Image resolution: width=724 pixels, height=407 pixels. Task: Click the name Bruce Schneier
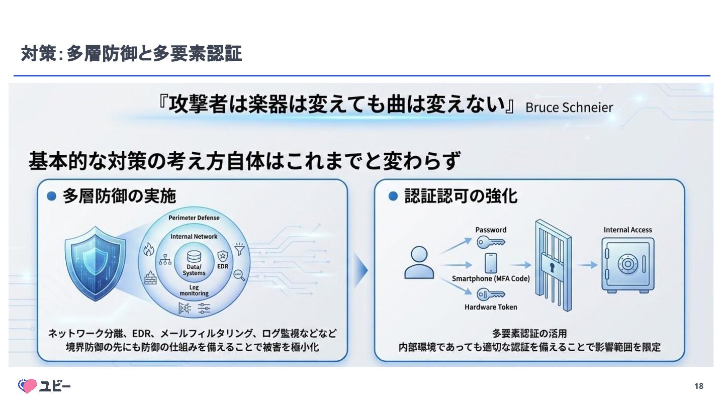pos(569,108)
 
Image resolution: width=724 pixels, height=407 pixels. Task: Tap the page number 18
pos(698,386)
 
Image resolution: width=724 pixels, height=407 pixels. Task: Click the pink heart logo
pos(27,386)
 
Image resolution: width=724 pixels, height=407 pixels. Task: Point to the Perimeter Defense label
pos(194,218)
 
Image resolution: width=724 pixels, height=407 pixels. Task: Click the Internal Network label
pos(194,236)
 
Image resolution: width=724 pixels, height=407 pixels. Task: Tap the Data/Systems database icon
pos(194,257)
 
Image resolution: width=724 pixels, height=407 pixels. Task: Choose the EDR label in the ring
pos(222,266)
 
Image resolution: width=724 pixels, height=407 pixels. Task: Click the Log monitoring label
pos(194,290)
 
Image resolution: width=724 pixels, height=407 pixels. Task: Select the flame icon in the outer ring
pos(148,249)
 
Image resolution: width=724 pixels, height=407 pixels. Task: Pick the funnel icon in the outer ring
pos(239,249)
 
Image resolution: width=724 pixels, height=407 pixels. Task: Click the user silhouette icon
pos(419,262)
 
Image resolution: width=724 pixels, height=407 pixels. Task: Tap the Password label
pos(491,230)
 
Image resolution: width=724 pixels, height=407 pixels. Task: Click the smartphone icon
pos(491,263)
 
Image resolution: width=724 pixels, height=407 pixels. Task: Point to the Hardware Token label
pos(491,307)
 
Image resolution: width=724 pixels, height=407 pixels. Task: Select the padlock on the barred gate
pos(551,265)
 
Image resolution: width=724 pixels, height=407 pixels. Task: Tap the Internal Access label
pos(627,230)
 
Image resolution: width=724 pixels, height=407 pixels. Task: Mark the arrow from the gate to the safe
pos(587,265)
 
